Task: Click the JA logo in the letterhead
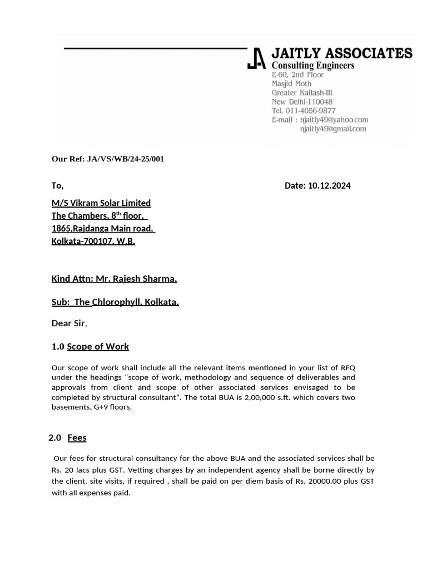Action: pos(256,58)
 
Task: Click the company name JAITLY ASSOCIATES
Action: pos(341,53)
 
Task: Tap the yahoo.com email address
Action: pos(334,120)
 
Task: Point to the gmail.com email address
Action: pos(333,129)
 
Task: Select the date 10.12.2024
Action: pos(329,186)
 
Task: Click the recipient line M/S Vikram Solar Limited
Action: pos(101,203)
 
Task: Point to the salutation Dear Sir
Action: pos(68,323)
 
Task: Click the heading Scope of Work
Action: pos(98,347)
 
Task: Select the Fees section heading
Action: pos(77,438)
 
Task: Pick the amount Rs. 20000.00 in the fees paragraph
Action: pos(319,481)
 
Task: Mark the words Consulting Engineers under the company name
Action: pos(312,66)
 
